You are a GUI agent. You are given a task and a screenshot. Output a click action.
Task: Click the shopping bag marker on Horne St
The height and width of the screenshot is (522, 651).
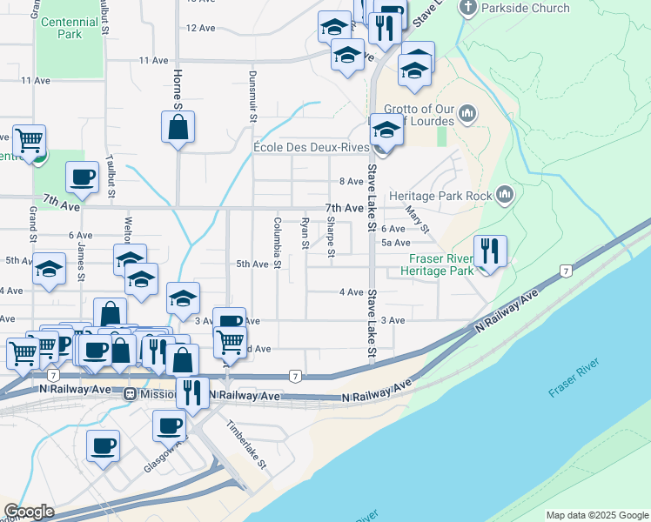pos(178,127)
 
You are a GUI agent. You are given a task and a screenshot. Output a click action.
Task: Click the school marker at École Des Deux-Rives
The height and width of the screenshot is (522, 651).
pos(386,130)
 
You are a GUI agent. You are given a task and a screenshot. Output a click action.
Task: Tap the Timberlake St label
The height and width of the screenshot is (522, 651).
pos(246,444)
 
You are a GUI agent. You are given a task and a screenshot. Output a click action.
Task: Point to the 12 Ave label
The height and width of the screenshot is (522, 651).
pos(200,28)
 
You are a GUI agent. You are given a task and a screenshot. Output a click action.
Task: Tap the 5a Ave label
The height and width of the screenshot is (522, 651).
pos(396,243)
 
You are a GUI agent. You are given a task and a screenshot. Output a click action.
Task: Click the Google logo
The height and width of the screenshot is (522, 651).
pos(29,512)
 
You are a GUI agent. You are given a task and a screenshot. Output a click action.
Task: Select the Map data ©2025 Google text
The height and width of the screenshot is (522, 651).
pos(596,515)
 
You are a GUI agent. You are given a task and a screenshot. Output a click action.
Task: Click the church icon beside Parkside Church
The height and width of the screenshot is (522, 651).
pos(467,9)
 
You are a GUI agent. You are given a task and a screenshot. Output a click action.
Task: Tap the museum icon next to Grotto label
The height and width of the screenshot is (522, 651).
pos(467,113)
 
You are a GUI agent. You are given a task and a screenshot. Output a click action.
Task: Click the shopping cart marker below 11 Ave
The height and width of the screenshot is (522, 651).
pos(29,139)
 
